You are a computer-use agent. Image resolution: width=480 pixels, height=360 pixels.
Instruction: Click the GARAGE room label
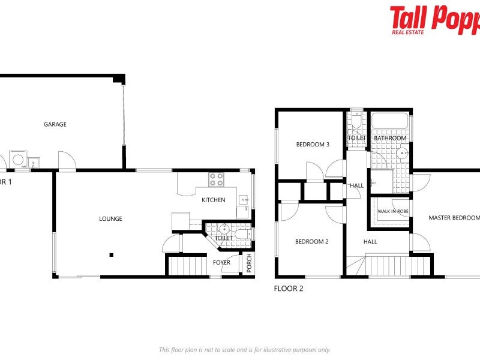point(55,125)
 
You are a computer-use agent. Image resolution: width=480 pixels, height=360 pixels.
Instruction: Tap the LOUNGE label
point(110,219)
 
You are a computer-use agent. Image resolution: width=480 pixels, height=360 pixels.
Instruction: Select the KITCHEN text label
point(213,200)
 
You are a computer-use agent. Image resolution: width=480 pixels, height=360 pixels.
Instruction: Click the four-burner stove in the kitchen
point(216,179)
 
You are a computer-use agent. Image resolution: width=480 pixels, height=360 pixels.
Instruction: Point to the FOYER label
point(221,262)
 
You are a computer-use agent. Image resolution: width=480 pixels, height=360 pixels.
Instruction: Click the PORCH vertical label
point(250,263)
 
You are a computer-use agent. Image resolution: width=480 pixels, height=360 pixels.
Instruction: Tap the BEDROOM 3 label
point(313,145)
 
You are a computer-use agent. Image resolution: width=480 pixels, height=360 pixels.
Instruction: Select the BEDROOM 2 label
point(311,242)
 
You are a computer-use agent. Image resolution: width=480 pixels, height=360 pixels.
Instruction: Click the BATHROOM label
point(390,139)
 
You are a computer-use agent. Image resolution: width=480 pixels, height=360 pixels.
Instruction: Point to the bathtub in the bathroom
point(390,121)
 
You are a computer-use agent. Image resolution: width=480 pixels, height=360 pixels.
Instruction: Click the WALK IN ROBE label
point(393,211)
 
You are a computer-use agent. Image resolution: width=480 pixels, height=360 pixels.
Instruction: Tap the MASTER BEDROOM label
point(454,218)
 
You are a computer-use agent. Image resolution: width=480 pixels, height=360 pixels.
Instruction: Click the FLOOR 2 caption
point(289,289)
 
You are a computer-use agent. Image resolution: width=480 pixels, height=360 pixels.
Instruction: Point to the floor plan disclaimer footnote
point(244,350)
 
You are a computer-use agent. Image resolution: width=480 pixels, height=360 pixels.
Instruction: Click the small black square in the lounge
point(111,255)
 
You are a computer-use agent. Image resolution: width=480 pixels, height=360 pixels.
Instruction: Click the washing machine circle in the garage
point(19,160)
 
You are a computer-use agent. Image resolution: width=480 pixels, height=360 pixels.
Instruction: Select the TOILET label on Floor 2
point(356,139)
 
